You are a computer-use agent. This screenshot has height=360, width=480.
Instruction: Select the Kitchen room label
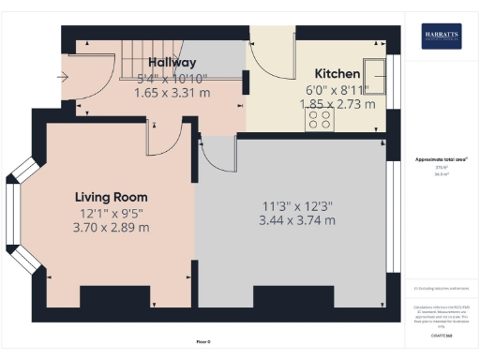[337, 73]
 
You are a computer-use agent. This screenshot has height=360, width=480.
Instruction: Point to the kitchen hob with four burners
[320, 121]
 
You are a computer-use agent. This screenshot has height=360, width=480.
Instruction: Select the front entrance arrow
[63, 78]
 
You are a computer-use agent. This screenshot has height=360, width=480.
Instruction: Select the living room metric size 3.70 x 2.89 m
[111, 228]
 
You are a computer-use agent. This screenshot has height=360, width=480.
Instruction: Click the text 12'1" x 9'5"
[111, 213]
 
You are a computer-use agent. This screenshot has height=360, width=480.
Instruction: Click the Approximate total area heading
[441, 159]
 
